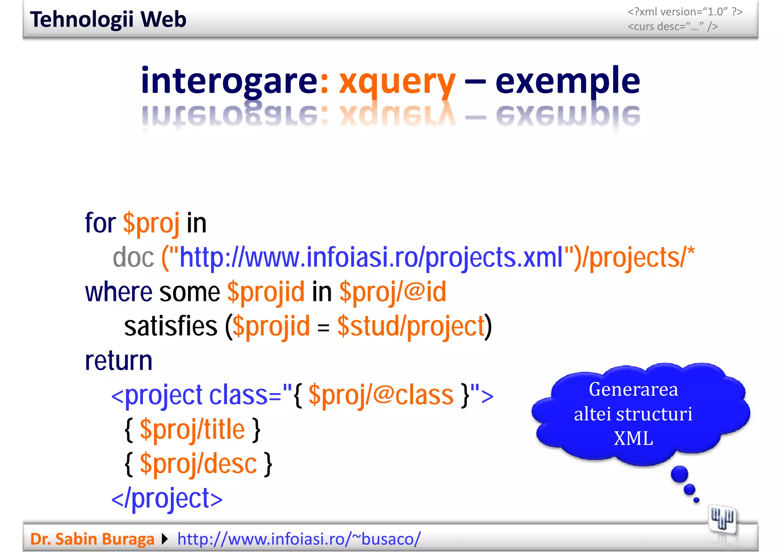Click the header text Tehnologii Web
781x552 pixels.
(108, 19)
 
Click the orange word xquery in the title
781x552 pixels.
(397, 81)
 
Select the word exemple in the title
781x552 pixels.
(567, 81)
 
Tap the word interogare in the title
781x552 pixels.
(229, 81)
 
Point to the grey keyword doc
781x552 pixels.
(133, 258)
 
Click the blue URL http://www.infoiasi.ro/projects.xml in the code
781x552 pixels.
(371, 258)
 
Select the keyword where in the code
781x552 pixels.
(119, 292)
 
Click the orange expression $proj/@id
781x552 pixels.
(392, 292)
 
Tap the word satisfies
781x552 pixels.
(170, 327)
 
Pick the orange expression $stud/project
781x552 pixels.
(411, 327)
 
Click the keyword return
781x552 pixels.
(119, 361)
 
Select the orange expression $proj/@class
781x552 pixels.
(381, 395)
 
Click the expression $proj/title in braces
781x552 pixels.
(192, 430)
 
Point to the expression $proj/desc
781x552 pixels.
(198, 464)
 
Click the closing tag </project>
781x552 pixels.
(167, 498)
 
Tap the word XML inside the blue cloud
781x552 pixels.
(633, 438)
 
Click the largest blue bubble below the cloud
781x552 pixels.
(679, 475)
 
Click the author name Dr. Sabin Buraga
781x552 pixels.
(92, 539)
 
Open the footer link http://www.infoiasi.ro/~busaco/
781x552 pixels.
(299, 539)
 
